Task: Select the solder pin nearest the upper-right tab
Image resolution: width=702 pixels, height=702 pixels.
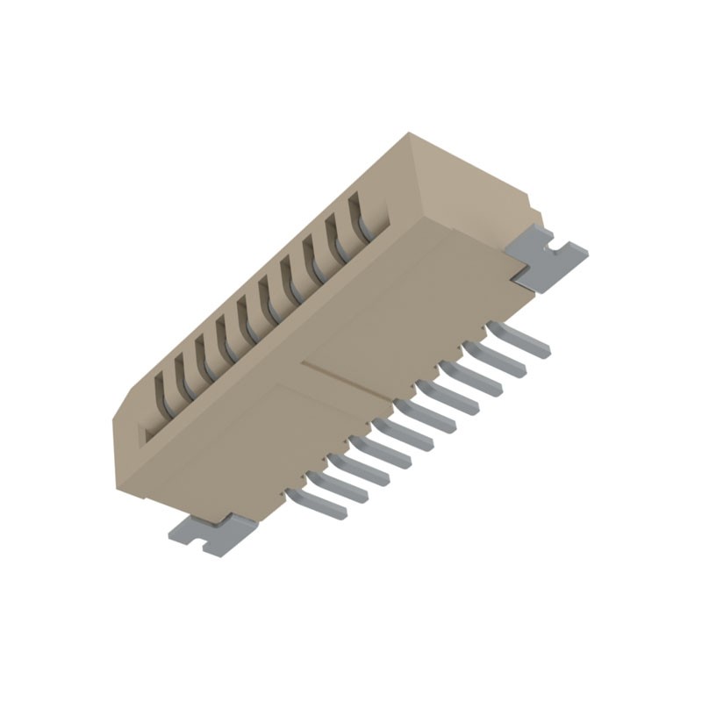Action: [x=519, y=339]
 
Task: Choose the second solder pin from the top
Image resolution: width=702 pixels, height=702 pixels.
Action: [x=497, y=358]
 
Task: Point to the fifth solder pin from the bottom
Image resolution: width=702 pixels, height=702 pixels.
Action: [x=405, y=426]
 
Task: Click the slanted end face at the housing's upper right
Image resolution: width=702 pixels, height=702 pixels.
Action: [x=474, y=184]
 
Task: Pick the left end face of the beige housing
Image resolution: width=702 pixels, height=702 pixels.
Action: [x=132, y=448]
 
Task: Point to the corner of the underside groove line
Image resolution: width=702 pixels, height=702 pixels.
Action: [x=303, y=362]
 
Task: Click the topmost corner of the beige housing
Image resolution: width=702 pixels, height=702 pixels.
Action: [x=410, y=133]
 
